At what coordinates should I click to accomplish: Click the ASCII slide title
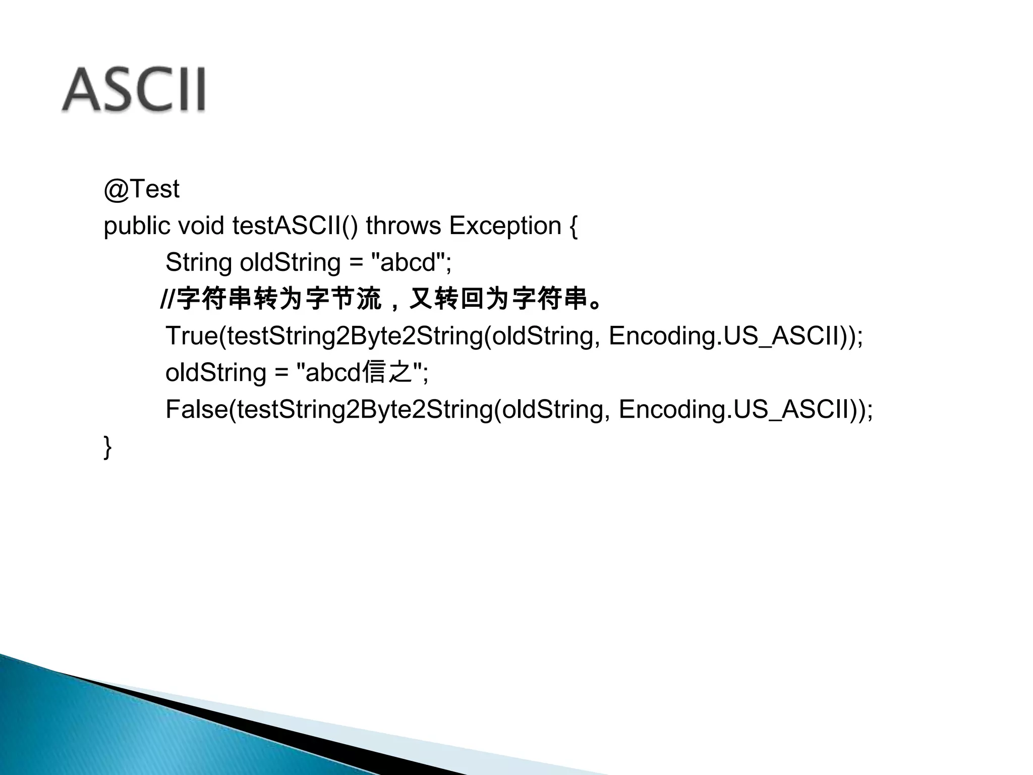tap(134, 90)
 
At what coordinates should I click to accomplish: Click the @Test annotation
tap(141, 189)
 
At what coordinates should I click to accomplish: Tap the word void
tap(201, 226)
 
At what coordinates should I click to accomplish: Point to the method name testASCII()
tap(295, 226)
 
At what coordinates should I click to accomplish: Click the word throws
tap(403, 226)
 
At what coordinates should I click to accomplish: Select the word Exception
tap(505, 226)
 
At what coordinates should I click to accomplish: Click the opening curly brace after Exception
tap(573, 226)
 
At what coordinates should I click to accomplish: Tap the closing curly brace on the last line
tap(107, 447)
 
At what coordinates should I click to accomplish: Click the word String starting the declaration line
tap(198, 262)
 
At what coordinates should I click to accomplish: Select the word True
tap(192, 336)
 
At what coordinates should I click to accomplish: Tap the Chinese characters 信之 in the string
tap(387, 373)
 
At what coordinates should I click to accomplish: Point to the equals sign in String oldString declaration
tap(356, 262)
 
